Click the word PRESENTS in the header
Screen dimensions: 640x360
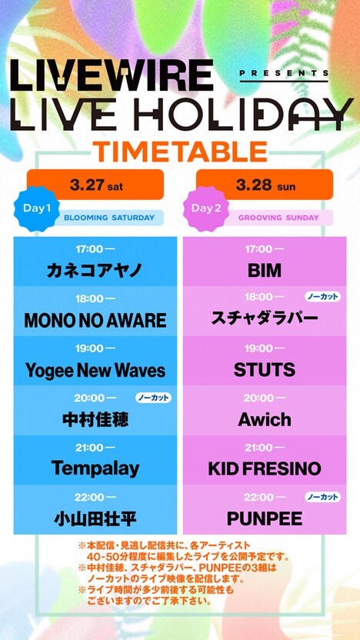(x=285, y=74)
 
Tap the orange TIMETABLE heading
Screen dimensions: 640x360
(x=180, y=151)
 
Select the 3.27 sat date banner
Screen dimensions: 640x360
(x=95, y=185)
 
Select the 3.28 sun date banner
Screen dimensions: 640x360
(x=264, y=185)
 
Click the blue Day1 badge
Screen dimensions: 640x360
(x=34, y=208)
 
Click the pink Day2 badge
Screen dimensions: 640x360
(x=205, y=208)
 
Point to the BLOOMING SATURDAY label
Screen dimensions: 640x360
(x=108, y=218)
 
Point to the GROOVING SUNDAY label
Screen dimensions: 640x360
(x=278, y=218)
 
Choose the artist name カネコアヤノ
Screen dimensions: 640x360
(x=95, y=271)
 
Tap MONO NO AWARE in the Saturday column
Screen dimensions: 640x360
(x=95, y=320)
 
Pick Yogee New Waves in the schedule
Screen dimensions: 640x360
(x=95, y=370)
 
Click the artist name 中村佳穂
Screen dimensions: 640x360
(x=95, y=420)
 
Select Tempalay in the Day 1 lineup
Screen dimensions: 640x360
(x=95, y=468)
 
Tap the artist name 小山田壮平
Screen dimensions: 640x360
(x=95, y=518)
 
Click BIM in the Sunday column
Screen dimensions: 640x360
(x=264, y=271)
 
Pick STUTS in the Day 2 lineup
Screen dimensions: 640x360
(x=264, y=370)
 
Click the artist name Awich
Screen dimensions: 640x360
(x=264, y=420)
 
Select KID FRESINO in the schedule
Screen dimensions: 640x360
(x=264, y=468)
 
